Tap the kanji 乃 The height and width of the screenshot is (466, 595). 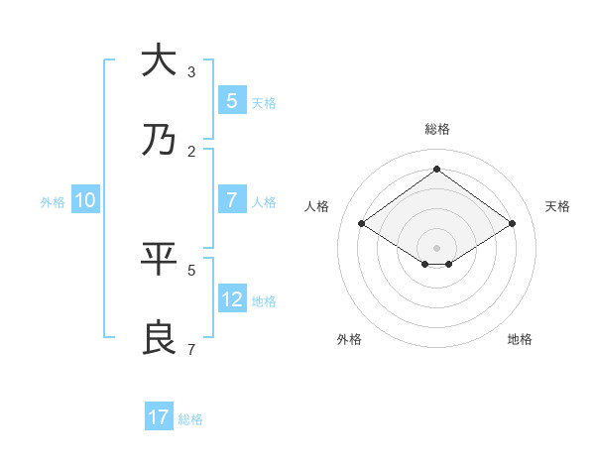158,141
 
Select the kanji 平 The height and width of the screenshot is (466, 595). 158,260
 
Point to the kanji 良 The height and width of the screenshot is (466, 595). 158,338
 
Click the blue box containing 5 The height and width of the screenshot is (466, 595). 232,100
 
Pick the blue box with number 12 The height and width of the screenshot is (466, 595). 232,298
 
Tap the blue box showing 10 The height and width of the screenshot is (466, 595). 85,200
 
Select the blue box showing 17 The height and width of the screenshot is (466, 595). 159,417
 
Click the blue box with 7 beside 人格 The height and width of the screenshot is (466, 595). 232,200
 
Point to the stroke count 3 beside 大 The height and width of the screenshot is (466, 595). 190,72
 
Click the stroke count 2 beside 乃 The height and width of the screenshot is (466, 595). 190,152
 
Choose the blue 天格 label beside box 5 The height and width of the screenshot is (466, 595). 264,103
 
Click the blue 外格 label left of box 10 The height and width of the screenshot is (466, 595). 53,202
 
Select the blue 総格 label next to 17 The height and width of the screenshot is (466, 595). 190,419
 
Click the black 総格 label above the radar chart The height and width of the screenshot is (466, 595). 436,129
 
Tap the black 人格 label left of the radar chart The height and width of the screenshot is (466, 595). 317,206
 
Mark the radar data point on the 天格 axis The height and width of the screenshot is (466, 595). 512,224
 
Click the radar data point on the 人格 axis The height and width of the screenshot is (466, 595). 362,224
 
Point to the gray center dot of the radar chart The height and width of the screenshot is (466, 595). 436,247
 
